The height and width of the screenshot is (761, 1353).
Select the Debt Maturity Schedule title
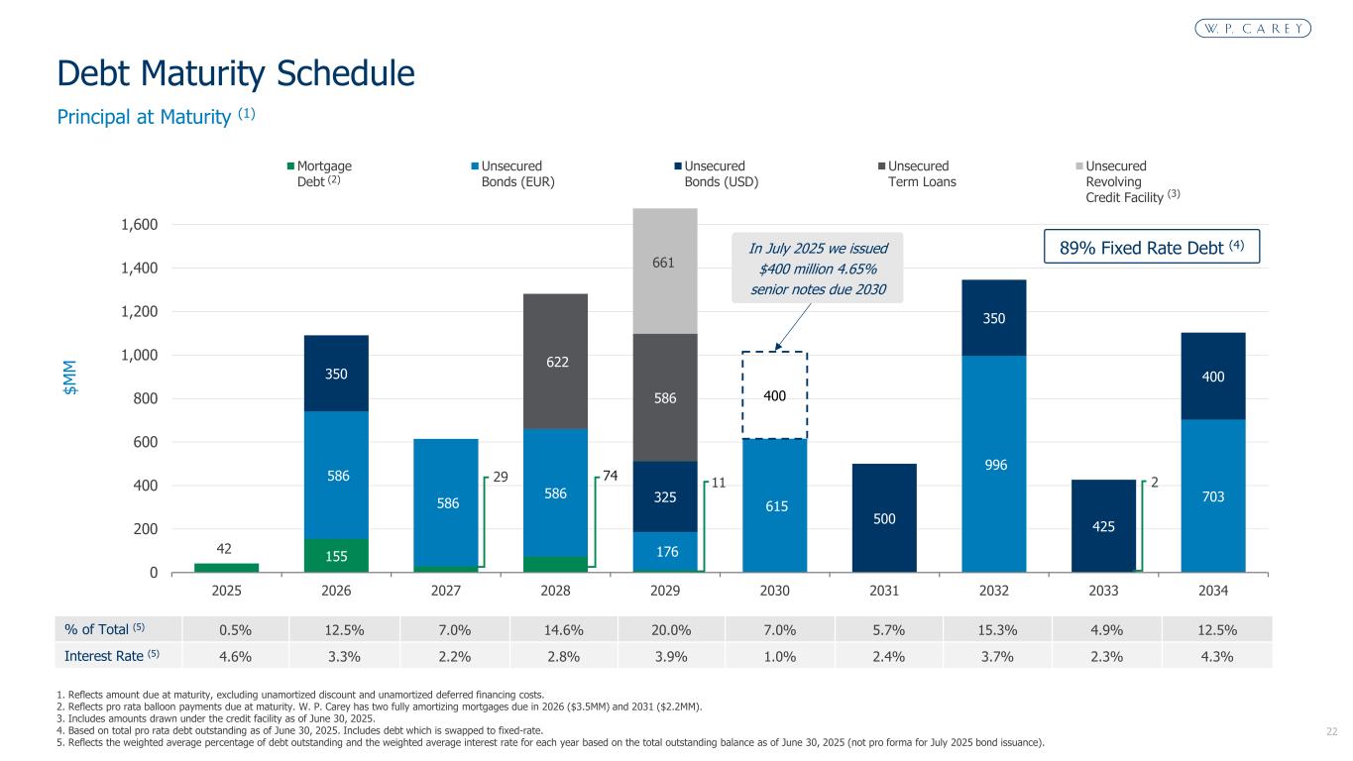tap(236, 73)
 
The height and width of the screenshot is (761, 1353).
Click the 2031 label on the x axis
tap(884, 592)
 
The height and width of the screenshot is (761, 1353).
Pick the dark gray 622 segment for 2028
tap(555, 362)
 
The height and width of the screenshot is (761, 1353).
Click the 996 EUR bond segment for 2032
tap(994, 465)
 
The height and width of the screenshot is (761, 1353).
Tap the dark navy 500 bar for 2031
tap(884, 518)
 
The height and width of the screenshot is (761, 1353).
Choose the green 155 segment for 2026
tap(336, 556)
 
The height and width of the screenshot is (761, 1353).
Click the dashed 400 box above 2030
tap(775, 395)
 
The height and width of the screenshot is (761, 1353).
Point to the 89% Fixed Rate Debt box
tap(1151, 248)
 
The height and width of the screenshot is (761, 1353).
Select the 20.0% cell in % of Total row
tap(665, 628)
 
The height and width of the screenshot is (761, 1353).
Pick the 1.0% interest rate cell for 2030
tap(775, 655)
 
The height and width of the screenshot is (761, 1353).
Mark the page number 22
tap(1332, 731)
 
